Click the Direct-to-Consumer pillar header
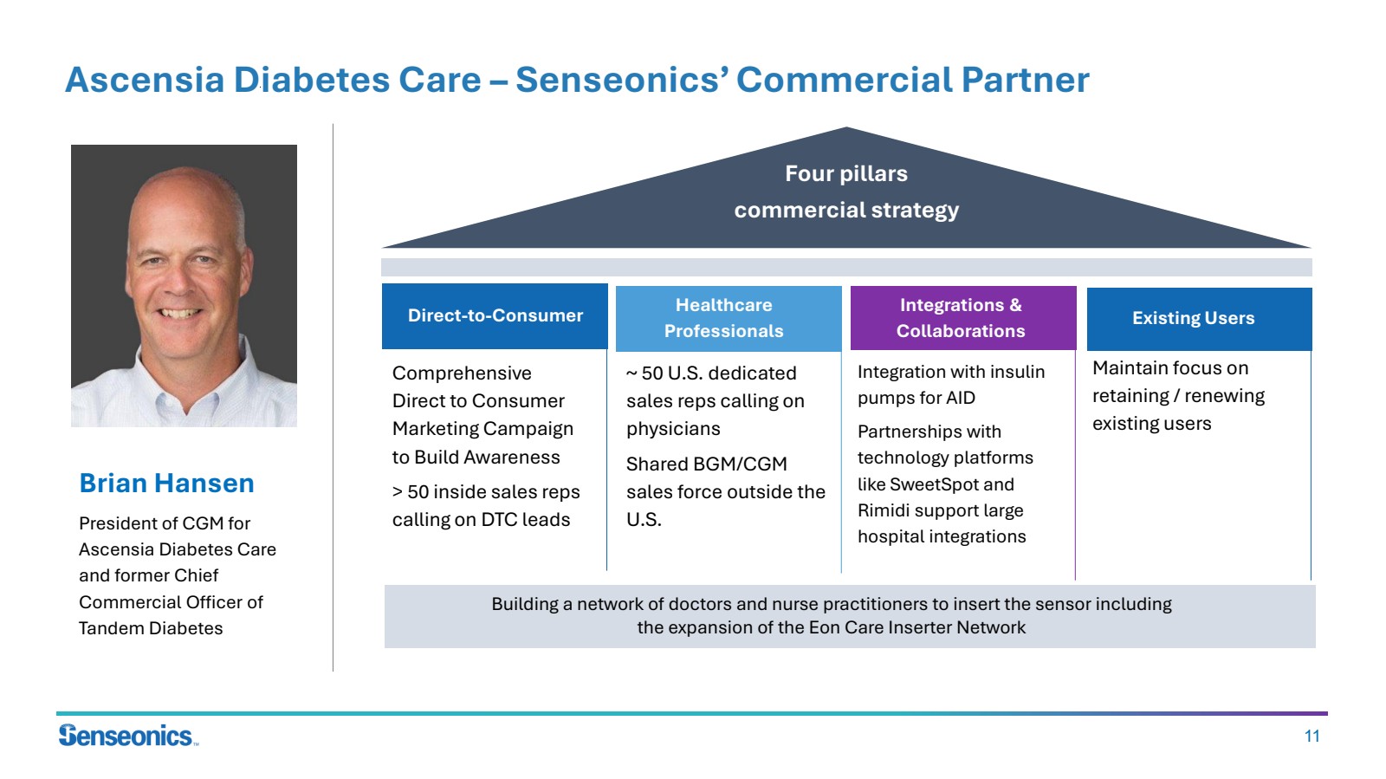(x=495, y=316)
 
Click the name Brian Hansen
(x=166, y=484)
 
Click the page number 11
(x=1312, y=737)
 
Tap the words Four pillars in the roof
(x=845, y=174)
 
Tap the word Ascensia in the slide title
(x=146, y=81)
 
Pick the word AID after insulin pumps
(x=955, y=398)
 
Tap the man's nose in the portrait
(x=178, y=278)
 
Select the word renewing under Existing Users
(x=1224, y=396)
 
